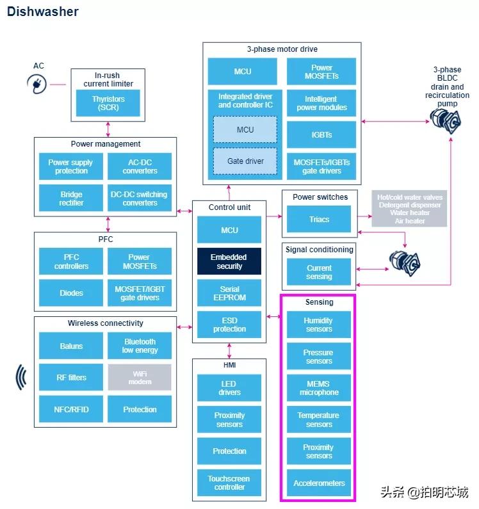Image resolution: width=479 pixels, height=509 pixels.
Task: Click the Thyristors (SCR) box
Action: click(x=108, y=103)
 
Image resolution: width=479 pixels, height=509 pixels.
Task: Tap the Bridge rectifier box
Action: click(x=71, y=198)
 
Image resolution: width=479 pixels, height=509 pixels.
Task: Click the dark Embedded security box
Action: click(x=229, y=261)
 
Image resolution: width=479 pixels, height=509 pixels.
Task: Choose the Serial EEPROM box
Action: click(x=229, y=293)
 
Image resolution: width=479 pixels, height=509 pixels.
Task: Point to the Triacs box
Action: click(x=319, y=220)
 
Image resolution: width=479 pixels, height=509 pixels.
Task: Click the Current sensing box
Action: click(x=319, y=272)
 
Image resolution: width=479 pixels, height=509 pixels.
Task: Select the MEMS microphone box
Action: click(x=319, y=388)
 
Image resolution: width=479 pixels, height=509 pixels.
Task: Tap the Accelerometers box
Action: click(x=319, y=483)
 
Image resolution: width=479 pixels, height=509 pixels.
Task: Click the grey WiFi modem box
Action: click(x=140, y=377)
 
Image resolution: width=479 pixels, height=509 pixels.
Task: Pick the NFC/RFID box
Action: click(x=71, y=409)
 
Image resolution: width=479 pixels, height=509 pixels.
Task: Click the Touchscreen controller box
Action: click(x=229, y=483)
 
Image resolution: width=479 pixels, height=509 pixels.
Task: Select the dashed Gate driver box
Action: click(x=245, y=161)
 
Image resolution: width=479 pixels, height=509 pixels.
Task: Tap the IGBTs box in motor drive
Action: click(x=321, y=135)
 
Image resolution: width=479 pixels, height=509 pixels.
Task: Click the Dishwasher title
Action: click(x=43, y=12)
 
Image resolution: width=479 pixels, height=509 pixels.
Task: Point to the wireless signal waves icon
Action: click(x=22, y=377)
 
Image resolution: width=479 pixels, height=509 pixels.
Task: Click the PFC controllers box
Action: click(x=71, y=261)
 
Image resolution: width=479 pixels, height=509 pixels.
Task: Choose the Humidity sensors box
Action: click(x=319, y=325)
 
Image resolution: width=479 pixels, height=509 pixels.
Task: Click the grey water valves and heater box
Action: click(x=409, y=209)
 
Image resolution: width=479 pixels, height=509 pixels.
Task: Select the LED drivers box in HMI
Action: click(x=229, y=388)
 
